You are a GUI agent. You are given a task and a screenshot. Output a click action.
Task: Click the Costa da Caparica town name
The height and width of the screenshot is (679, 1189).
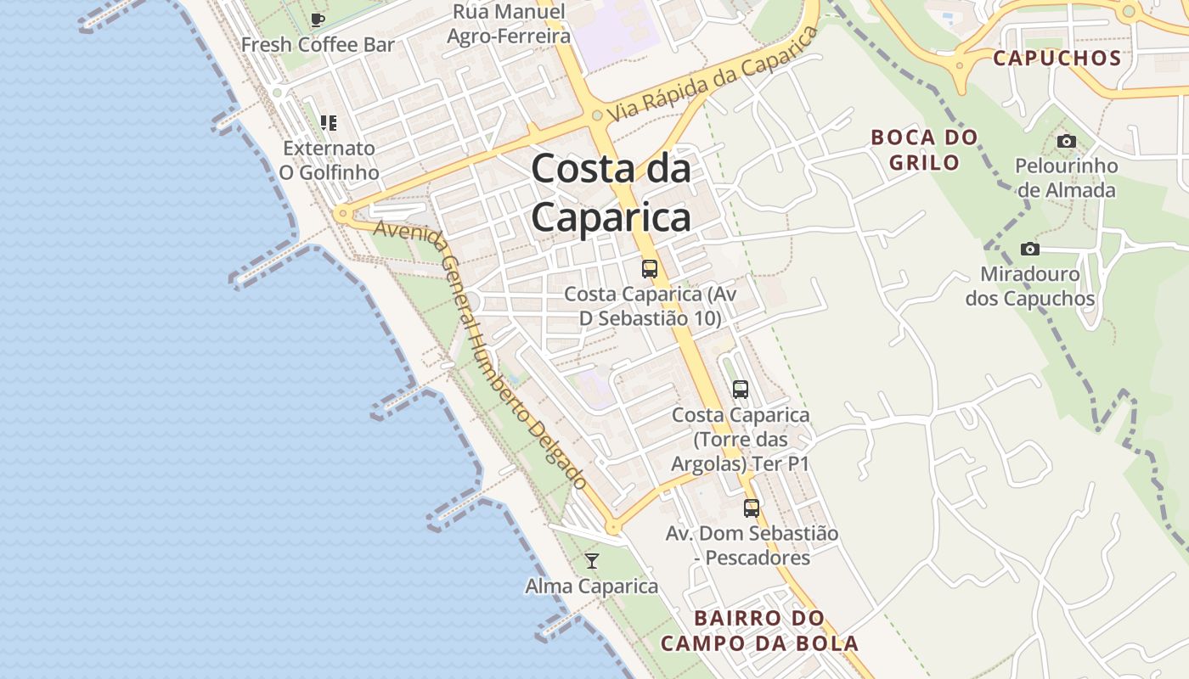611,194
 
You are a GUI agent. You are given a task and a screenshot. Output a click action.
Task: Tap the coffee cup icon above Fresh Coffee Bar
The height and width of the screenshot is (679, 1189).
318,20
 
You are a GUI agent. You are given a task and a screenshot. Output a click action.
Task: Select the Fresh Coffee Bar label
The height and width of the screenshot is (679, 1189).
318,45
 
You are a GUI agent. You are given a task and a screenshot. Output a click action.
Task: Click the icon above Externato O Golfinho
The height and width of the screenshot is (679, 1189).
329,123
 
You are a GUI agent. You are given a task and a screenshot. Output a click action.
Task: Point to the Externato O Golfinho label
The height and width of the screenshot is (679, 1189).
329,160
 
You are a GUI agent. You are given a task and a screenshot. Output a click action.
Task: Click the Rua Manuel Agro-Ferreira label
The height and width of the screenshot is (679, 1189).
508,24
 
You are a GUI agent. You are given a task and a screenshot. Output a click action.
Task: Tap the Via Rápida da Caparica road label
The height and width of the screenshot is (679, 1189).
713,74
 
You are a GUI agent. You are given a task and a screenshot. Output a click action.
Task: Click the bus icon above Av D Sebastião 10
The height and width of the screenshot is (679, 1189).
650,269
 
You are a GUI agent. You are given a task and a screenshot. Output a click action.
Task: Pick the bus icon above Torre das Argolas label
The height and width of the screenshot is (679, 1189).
741,390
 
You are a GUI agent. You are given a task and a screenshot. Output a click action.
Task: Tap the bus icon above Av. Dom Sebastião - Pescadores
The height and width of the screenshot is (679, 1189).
752,508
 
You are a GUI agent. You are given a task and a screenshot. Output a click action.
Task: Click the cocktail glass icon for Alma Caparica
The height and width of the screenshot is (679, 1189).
592,561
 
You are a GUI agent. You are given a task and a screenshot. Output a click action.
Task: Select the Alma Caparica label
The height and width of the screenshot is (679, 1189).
592,586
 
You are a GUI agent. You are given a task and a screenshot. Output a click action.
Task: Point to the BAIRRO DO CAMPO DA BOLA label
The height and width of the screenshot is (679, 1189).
759,631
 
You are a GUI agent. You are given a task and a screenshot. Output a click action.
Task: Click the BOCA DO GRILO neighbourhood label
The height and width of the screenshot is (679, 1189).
924,149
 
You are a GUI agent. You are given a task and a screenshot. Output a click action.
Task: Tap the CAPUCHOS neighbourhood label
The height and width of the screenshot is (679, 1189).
1057,59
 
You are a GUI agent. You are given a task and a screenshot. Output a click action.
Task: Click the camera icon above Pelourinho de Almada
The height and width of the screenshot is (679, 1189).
1066,141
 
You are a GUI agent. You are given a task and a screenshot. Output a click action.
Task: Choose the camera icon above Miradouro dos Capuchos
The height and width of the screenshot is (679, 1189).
1030,249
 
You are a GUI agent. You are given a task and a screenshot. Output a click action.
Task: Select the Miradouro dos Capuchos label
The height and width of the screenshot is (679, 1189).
1030,287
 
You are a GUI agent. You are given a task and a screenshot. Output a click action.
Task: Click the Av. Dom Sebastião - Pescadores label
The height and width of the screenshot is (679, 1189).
752,546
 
